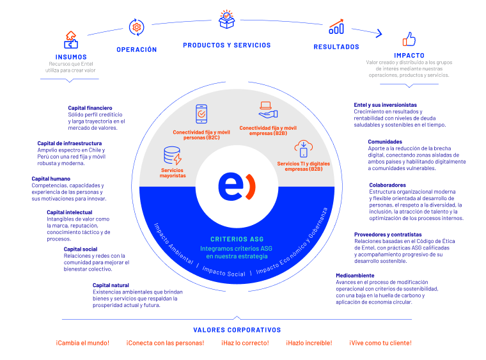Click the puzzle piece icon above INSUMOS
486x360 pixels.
click(x=71, y=40)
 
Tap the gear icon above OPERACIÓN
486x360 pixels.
click(x=136, y=27)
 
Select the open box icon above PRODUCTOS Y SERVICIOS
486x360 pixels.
click(x=226, y=19)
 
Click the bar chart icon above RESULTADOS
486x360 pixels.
click(x=336, y=27)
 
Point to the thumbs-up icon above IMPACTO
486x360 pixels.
click(x=409, y=39)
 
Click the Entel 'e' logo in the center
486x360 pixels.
click(x=237, y=187)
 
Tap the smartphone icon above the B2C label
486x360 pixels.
click(x=201, y=114)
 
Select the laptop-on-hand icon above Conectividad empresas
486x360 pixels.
click(x=268, y=110)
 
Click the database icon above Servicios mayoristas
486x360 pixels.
click(x=172, y=155)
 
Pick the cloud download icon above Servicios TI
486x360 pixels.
click(x=304, y=149)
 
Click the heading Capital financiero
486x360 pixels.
click(x=90, y=108)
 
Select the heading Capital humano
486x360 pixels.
click(x=51, y=179)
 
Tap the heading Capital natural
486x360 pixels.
click(x=111, y=285)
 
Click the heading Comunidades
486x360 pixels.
click(x=385, y=141)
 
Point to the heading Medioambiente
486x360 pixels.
click(x=355, y=276)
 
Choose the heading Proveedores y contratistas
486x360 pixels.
click(x=388, y=235)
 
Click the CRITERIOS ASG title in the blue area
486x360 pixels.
click(x=237, y=239)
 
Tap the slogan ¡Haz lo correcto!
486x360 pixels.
click(x=245, y=343)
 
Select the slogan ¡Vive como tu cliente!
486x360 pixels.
click(x=380, y=343)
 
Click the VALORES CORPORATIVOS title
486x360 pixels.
click(x=237, y=330)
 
